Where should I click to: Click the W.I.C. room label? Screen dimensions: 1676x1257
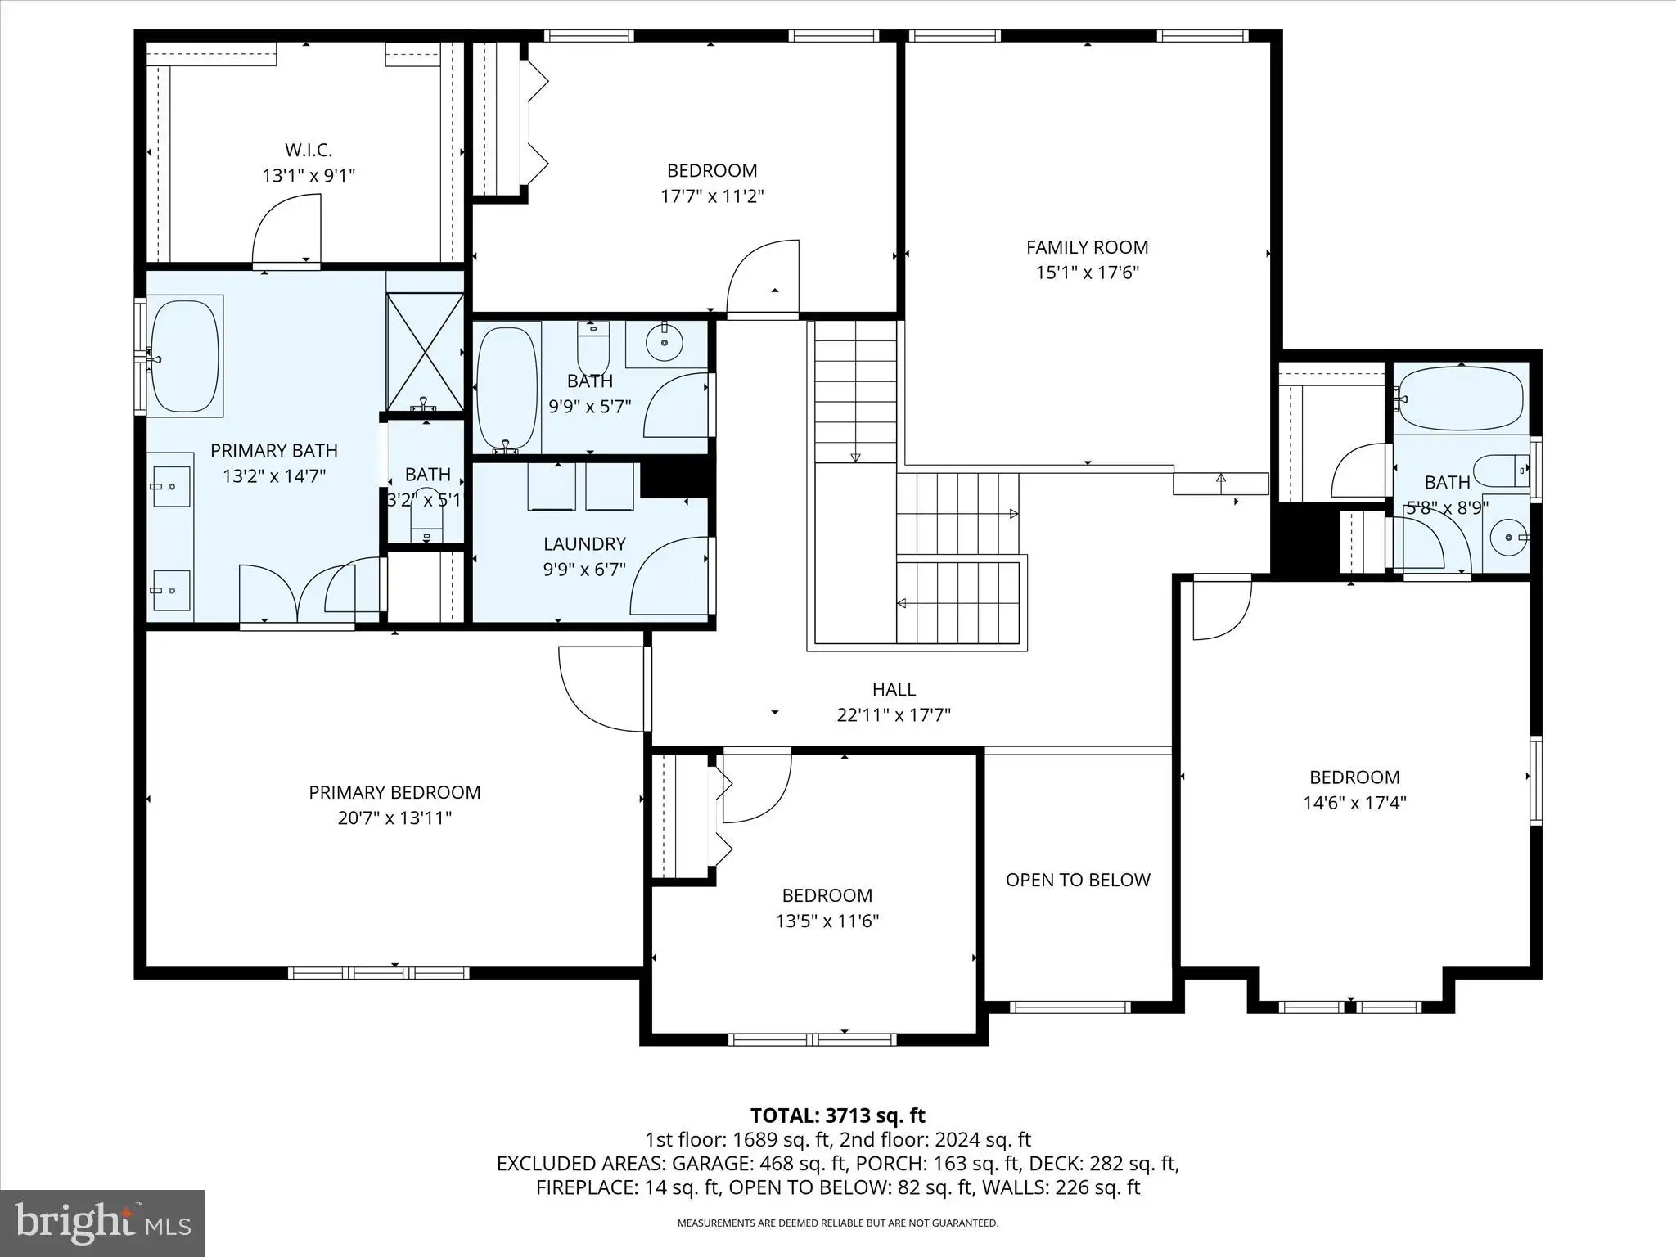309,150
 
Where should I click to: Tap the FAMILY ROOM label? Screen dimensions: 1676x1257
1087,247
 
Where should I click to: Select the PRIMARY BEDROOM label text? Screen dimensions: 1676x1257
394,792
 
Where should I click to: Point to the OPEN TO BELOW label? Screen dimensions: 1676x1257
1078,880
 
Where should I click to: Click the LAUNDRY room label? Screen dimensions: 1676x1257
584,543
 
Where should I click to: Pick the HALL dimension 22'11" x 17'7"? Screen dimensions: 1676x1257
894,715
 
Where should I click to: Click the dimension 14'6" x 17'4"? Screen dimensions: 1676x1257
1354,803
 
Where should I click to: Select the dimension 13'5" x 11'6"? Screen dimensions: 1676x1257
827,921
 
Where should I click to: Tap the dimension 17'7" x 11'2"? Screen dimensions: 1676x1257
712,196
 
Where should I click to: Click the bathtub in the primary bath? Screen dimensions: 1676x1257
185,357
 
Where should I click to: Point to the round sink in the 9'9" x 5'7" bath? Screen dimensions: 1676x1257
665,342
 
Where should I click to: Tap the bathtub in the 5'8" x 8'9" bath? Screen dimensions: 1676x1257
1461,399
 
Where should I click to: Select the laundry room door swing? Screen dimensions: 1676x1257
669,575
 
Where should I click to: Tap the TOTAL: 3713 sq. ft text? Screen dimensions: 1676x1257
838,1115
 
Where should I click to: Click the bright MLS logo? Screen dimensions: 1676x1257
102,1223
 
